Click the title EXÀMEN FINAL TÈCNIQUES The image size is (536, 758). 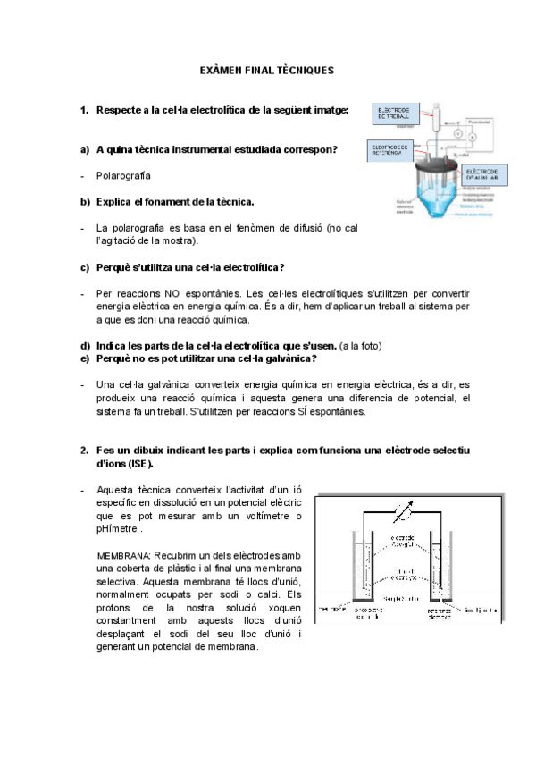pyautogui.click(x=265, y=70)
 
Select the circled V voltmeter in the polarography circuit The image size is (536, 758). pyautogui.click(x=454, y=135)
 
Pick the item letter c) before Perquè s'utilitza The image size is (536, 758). pyautogui.click(x=86, y=267)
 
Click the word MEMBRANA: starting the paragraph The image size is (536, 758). pyautogui.click(x=123, y=555)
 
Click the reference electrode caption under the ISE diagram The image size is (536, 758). pyautogui.click(x=437, y=614)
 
